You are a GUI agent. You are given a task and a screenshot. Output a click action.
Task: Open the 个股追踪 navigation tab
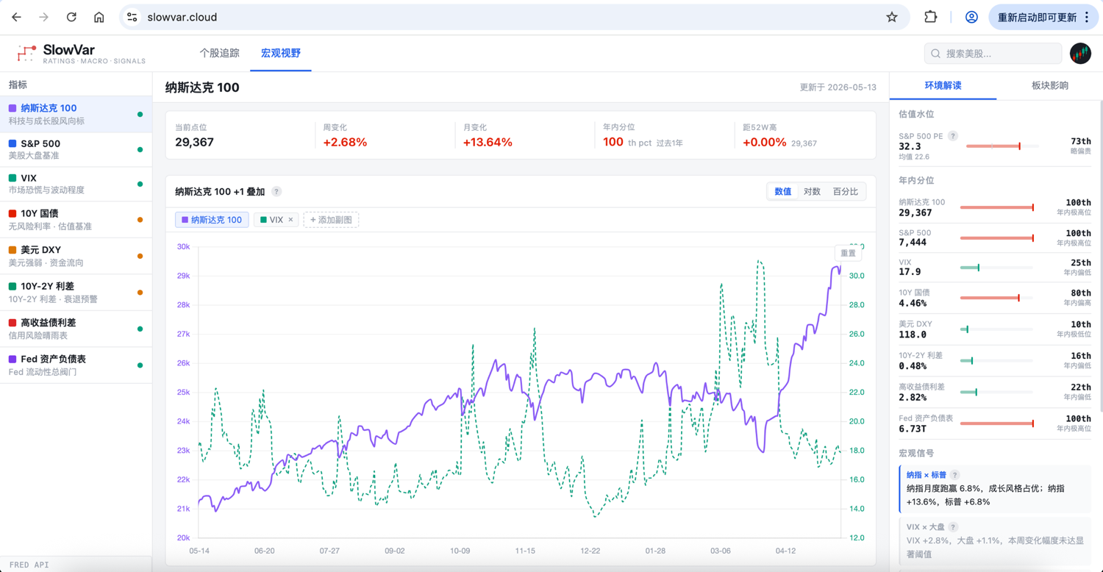[219, 53]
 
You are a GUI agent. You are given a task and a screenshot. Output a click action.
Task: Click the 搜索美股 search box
[993, 53]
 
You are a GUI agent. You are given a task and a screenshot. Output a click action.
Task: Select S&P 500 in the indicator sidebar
[76, 149]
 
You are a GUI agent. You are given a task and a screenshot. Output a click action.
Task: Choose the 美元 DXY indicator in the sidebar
[76, 256]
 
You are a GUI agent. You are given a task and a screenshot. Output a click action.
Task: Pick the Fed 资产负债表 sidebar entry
[76, 365]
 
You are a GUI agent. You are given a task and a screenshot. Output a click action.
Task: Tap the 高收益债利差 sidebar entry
[76, 329]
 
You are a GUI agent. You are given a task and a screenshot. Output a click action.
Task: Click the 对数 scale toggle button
[812, 191]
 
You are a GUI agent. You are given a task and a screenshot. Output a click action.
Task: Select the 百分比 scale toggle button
[845, 191]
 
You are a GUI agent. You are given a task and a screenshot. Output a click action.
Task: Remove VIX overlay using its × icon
[290, 220]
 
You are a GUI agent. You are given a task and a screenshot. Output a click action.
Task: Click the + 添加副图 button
[331, 220]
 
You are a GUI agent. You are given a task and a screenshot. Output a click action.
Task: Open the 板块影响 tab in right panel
[1050, 85]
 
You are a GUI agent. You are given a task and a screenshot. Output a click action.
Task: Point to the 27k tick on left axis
[183, 334]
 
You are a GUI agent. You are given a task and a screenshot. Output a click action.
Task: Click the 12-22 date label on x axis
[590, 551]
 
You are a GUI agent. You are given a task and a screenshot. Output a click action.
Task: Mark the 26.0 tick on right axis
[857, 334]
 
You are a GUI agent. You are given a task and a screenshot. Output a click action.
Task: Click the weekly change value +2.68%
[345, 142]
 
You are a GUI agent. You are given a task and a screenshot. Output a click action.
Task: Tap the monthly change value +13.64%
[488, 142]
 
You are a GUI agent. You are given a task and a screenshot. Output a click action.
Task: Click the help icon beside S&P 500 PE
[953, 136]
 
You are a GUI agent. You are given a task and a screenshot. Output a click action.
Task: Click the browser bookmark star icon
[892, 17]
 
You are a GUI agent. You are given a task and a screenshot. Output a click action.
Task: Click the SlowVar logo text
[69, 50]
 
